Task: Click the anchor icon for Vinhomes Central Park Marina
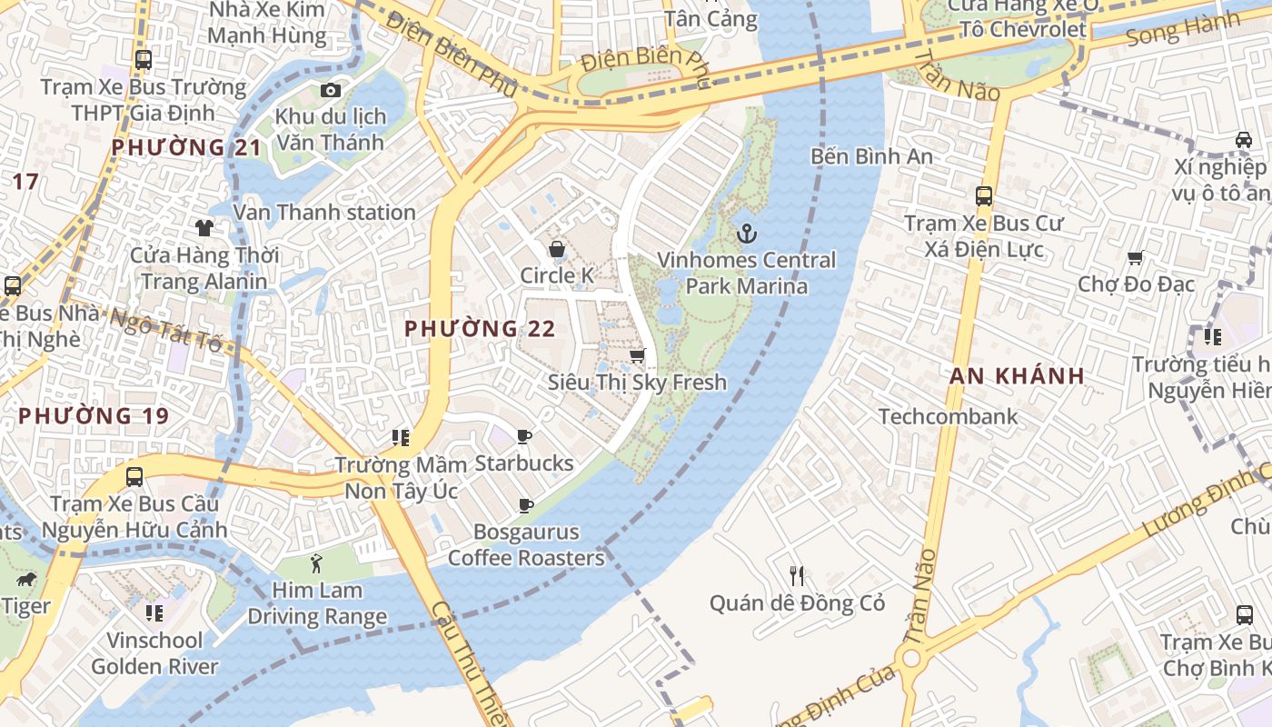[x=746, y=234]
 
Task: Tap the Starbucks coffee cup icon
[x=524, y=437]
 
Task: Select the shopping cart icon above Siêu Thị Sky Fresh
[x=638, y=355]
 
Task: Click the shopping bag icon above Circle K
[x=557, y=249]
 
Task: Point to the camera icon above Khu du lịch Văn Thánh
[x=331, y=90]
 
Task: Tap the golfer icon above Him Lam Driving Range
[x=316, y=563]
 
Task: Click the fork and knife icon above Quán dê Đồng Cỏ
[x=797, y=575]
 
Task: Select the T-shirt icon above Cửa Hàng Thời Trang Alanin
[x=204, y=228]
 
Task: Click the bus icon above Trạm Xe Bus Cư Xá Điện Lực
[x=983, y=195]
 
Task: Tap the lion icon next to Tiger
[x=25, y=579]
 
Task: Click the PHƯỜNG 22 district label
[x=479, y=328]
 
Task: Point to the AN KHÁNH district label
[x=1017, y=375]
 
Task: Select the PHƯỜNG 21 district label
[x=186, y=146]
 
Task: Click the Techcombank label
[x=948, y=416]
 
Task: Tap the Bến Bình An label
[x=871, y=155]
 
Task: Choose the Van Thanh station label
[x=324, y=212]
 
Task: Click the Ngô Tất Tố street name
[x=165, y=333]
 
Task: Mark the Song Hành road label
[x=1182, y=30]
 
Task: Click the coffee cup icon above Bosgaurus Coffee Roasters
[x=524, y=505]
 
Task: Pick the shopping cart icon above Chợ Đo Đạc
[x=1134, y=258]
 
